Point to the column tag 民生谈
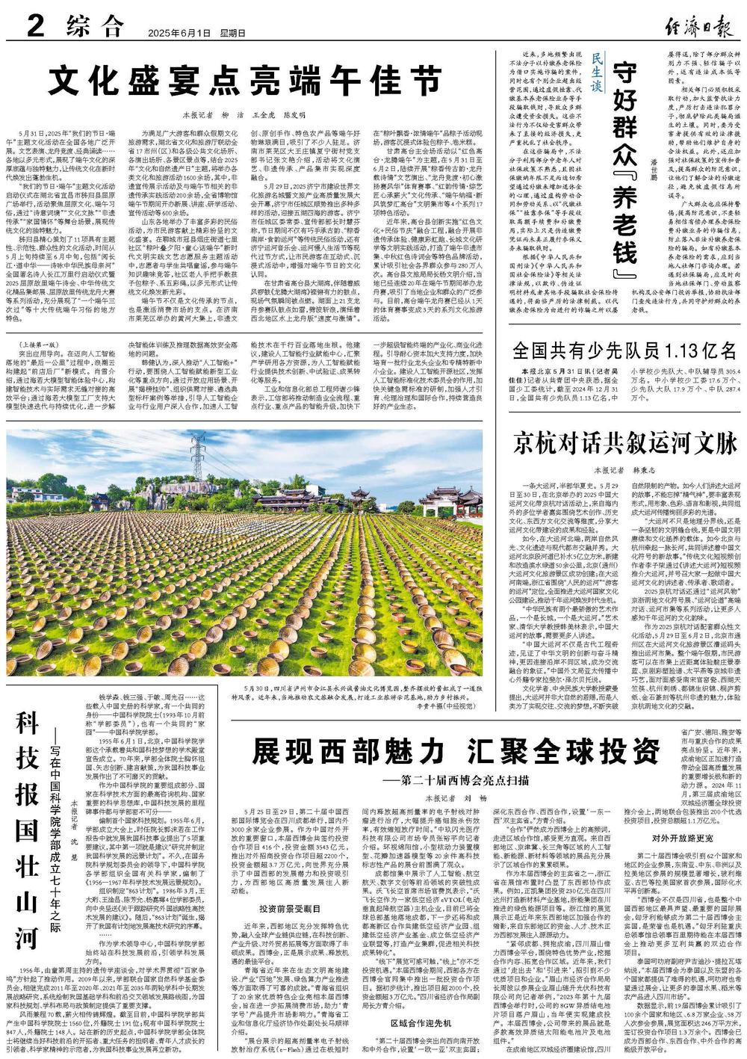(596, 75)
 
